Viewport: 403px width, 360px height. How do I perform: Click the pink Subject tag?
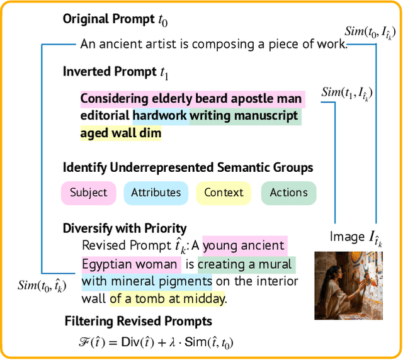click(x=88, y=193)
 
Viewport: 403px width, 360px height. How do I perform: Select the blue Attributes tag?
click(x=156, y=193)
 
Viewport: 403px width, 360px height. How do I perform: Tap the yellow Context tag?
click(x=223, y=193)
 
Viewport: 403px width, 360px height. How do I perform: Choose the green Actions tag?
click(x=288, y=193)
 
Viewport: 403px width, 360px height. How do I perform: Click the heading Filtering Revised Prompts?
click(x=139, y=322)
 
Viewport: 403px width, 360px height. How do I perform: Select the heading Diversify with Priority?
click(x=124, y=228)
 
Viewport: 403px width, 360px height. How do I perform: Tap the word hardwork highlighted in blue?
click(x=159, y=116)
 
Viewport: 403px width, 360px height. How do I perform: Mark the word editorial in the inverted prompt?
click(x=104, y=116)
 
